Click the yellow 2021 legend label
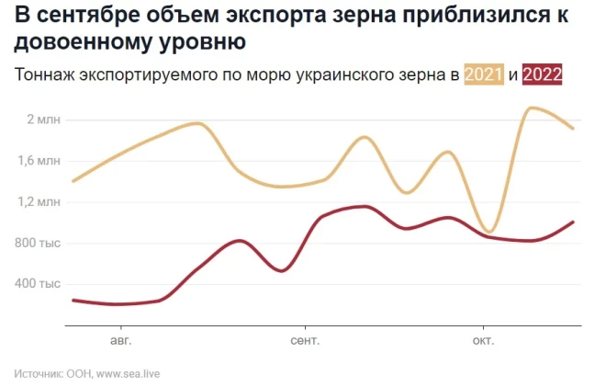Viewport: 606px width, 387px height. (484, 75)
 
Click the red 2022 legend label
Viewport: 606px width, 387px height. (542, 75)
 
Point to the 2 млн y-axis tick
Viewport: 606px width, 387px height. (44, 120)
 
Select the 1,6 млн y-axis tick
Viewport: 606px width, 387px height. (41, 161)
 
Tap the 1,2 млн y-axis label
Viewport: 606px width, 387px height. (41, 201)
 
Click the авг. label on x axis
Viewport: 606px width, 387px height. (120, 340)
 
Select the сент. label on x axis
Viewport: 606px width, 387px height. (304, 340)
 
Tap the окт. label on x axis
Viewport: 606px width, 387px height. (483, 340)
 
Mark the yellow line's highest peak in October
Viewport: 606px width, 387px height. (531, 108)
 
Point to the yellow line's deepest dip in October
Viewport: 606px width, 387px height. (489, 232)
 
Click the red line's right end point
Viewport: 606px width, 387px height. (573, 222)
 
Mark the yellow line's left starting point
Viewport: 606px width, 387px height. (73, 181)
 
